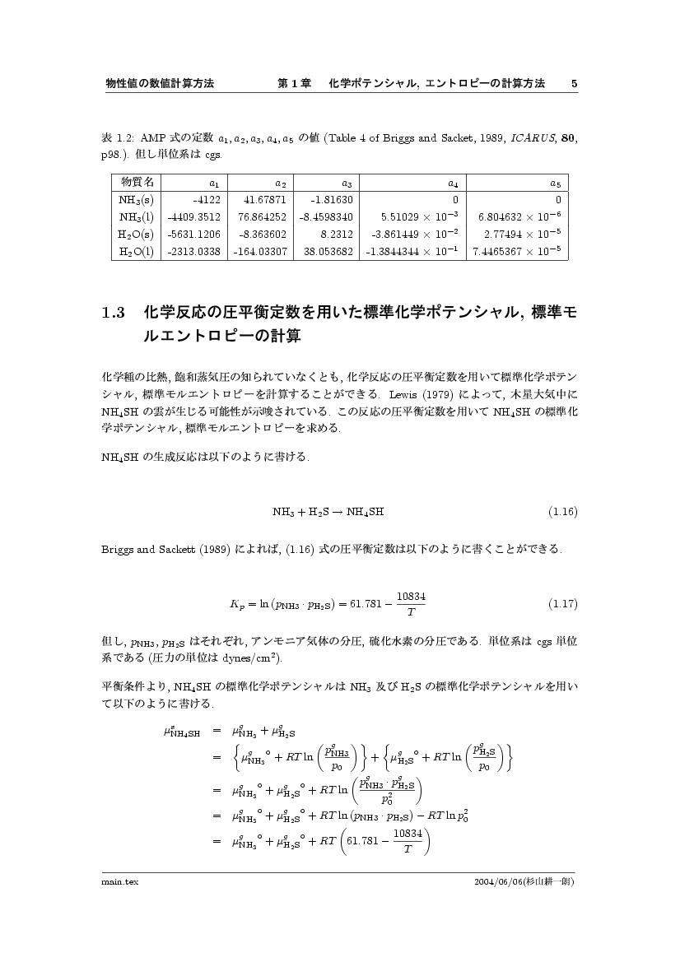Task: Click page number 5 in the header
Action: tap(574, 84)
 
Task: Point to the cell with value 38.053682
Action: tap(328, 252)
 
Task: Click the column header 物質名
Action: tap(137, 182)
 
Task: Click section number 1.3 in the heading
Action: tap(112, 314)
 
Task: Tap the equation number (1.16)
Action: tap(563, 512)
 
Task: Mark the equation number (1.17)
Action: tap(563, 604)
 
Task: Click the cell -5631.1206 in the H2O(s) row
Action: tap(193, 235)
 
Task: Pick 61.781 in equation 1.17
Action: tap(366, 604)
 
